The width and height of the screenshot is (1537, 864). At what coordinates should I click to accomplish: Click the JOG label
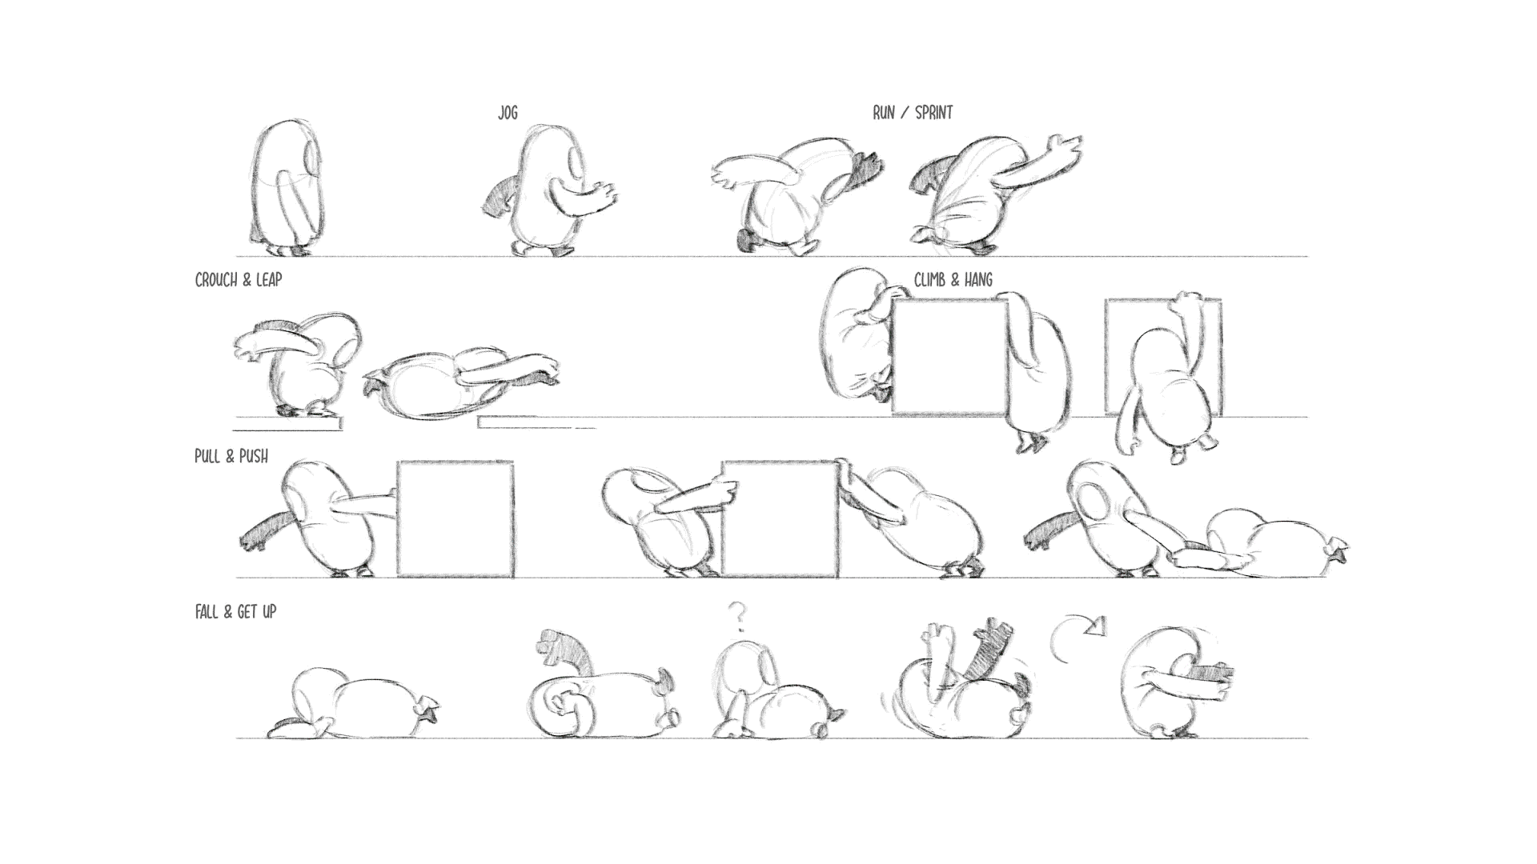tap(508, 113)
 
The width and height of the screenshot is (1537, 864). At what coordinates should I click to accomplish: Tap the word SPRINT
tap(933, 113)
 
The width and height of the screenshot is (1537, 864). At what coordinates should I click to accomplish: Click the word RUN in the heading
tap(884, 113)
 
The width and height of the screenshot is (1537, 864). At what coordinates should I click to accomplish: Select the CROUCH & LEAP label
tap(239, 280)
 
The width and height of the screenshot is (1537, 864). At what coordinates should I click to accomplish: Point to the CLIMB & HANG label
tap(953, 280)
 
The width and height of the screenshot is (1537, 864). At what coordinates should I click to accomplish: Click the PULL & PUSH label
tap(231, 456)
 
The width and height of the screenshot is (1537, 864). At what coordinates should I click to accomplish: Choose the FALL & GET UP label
tap(235, 612)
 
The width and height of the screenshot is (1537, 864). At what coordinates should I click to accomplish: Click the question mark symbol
tap(738, 617)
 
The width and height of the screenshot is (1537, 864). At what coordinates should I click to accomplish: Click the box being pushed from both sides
tap(781, 518)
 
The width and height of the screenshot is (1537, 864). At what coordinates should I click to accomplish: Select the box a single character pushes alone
tap(455, 518)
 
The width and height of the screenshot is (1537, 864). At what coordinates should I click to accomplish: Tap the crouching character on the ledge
tap(297, 364)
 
